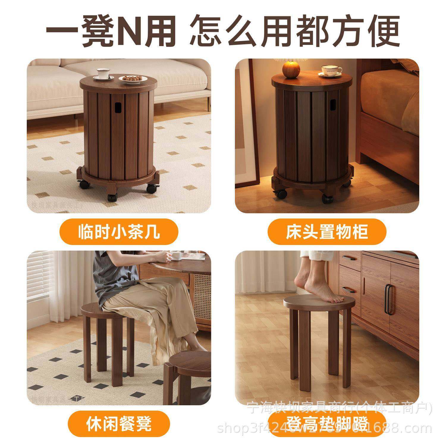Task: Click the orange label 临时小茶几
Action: [119, 232]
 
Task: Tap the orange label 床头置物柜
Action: [327, 232]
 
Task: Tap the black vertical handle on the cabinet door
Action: [389, 299]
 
